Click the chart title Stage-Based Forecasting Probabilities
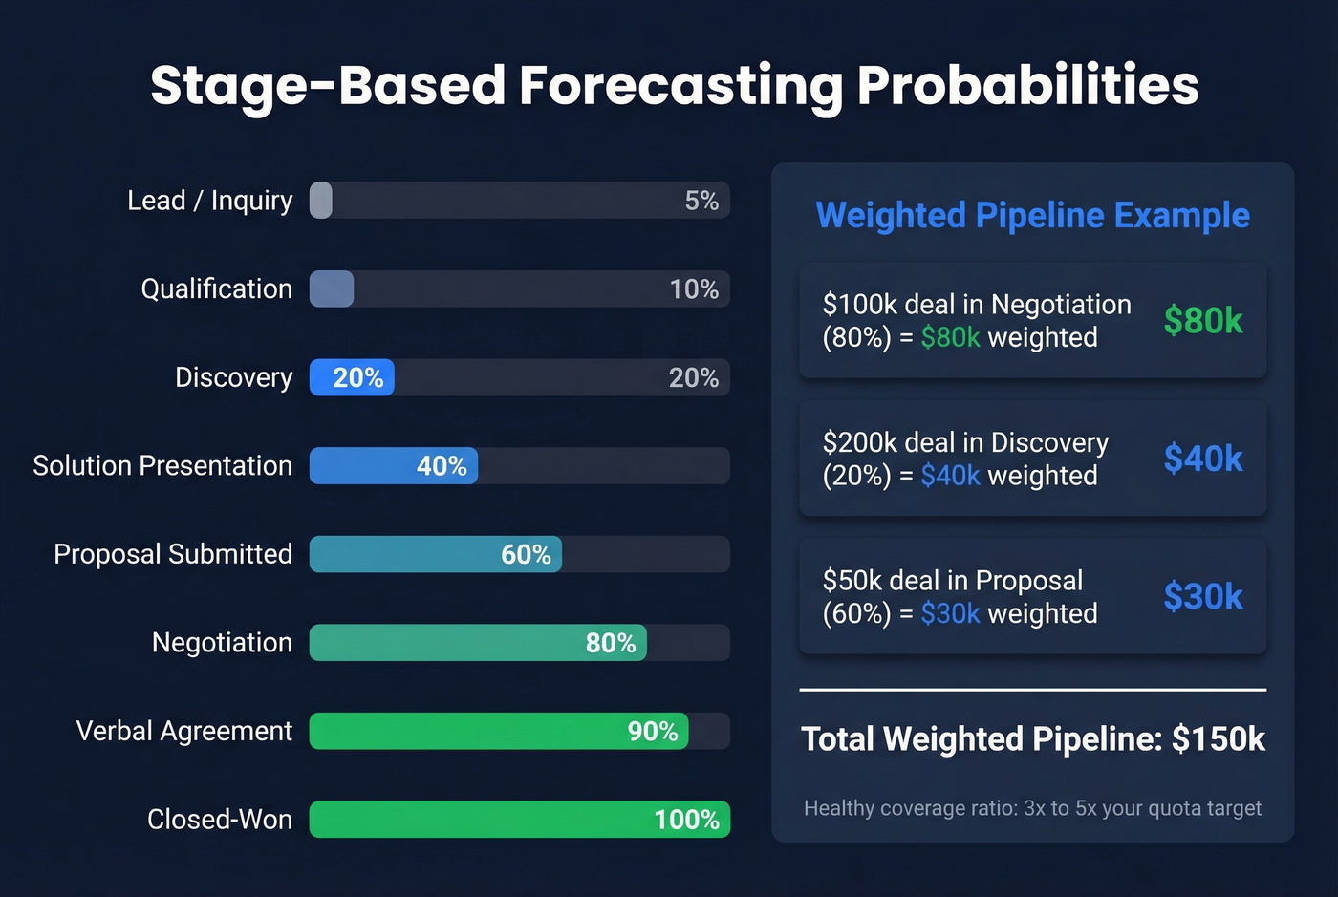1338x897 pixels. tap(674, 85)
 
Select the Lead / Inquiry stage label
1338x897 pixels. tap(209, 201)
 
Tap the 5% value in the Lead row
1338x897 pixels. tap(701, 201)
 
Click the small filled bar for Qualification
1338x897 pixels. tap(332, 288)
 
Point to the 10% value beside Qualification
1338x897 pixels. tap(694, 289)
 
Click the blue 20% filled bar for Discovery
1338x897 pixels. tap(352, 377)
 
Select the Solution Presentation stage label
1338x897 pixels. tap(162, 465)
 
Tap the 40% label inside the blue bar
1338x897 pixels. tap(442, 466)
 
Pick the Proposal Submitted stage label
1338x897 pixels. tap(173, 554)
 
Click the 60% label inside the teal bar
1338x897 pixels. tap(526, 555)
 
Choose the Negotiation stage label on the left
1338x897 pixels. tap(222, 643)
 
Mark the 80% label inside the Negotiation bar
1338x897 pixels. tap(611, 643)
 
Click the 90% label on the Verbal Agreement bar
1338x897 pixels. tap(653, 732)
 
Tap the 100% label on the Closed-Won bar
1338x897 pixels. tap(686, 820)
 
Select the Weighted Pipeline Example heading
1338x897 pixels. tap(1032, 215)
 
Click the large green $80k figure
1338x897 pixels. tap(1203, 320)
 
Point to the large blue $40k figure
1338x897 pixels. tap(1203, 459)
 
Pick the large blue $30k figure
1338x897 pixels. tap(1203, 596)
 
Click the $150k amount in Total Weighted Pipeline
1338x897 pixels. tap(1219, 738)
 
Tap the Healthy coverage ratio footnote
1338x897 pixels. tap(1032, 808)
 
